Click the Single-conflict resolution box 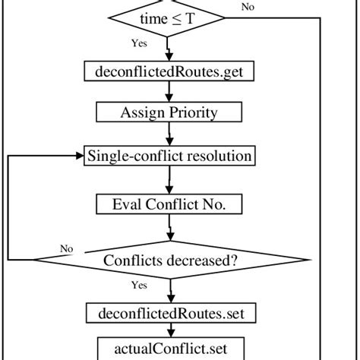(x=169, y=156)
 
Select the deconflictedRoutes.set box (x=169, y=311)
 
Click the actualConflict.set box (x=169, y=349)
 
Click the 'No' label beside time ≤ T (x=269, y=8)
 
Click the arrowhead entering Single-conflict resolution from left (x=79, y=156)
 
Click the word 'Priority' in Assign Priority (x=191, y=113)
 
